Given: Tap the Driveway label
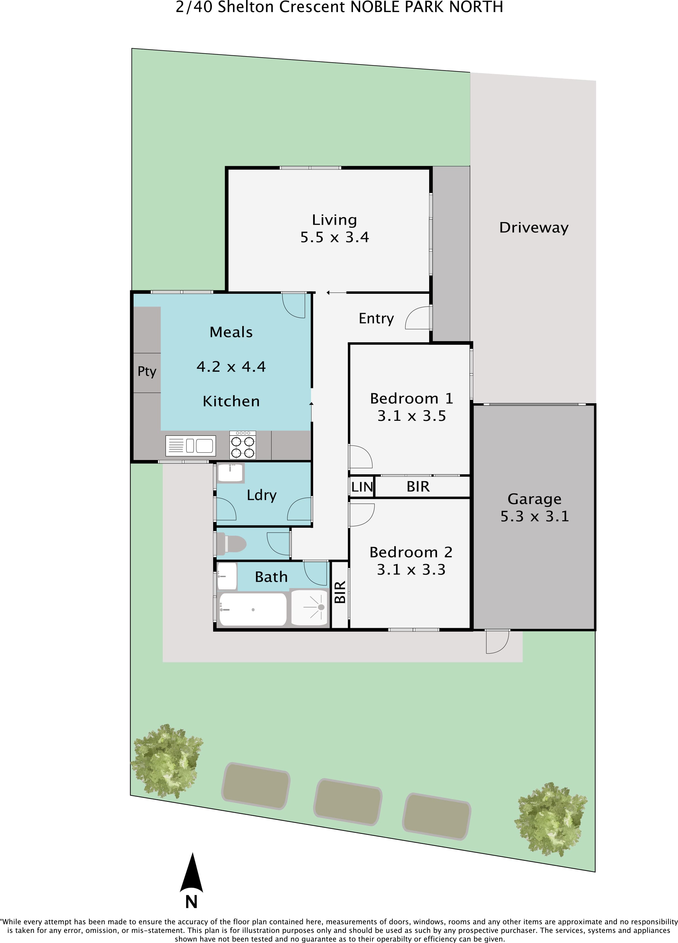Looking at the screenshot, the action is pos(534,228).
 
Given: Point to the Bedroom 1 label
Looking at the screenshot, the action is pos(411,398).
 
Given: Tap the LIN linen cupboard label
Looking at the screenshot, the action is pos(362,487).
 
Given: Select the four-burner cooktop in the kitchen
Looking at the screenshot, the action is pos(243,445).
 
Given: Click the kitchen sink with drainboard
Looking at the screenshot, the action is pos(190,446).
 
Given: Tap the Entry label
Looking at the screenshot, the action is pos(376,319).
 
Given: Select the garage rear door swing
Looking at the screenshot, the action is pos(497,641).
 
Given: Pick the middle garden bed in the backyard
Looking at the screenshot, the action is pos(348,802).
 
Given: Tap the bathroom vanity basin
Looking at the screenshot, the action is pos(227,576).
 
